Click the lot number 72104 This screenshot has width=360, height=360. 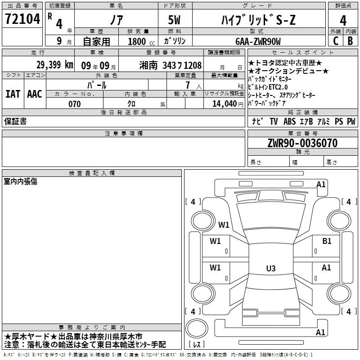(x=22, y=19)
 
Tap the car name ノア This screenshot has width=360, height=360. (x=117, y=20)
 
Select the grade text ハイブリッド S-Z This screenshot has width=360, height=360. (x=258, y=20)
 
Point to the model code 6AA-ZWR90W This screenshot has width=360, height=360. (x=258, y=41)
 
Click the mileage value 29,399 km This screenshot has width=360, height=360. (x=54, y=65)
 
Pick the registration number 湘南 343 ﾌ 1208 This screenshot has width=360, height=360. (x=171, y=65)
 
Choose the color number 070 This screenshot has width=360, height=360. (x=75, y=104)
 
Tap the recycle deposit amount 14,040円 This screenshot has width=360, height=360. (x=228, y=104)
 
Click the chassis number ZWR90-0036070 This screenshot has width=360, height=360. (x=302, y=143)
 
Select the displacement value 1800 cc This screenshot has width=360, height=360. (x=141, y=41)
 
